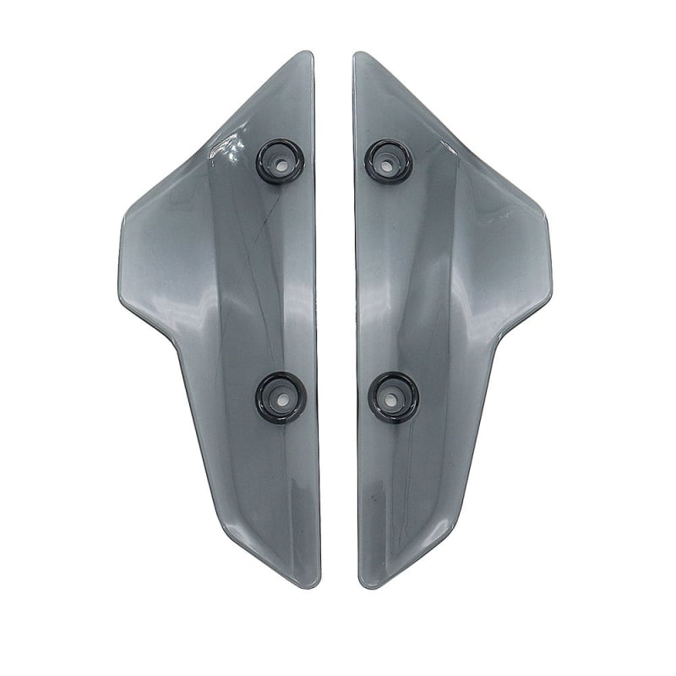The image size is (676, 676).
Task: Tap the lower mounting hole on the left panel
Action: (x=281, y=393)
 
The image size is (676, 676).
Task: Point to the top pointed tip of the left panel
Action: (x=308, y=54)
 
